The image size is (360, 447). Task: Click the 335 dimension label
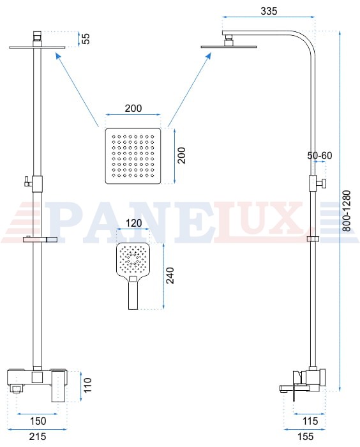269,11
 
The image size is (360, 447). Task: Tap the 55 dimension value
86,38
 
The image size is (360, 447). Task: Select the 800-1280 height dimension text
347,211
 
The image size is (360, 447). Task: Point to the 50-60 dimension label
320,155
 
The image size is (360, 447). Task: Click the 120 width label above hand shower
133,223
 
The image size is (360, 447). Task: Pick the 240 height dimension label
170,275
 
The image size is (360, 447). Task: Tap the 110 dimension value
88,385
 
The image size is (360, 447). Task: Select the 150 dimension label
38,421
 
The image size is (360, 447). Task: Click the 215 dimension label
38,436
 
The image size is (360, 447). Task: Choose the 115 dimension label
310,421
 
